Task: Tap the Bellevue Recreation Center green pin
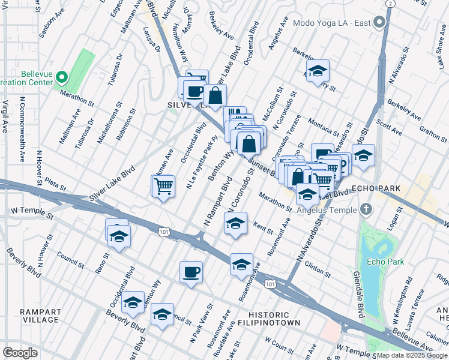pyautogui.click(x=62, y=77)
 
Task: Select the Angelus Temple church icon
pyautogui.click(x=367, y=209)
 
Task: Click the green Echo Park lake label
pyautogui.click(x=387, y=262)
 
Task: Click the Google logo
pyautogui.click(x=20, y=352)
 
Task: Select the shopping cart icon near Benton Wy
pyautogui.click(x=163, y=186)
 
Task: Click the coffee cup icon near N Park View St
pyautogui.click(x=191, y=272)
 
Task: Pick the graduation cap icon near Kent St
pyautogui.click(x=235, y=224)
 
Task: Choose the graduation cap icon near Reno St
pyautogui.click(x=119, y=236)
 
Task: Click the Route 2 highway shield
pyautogui.click(x=391, y=4)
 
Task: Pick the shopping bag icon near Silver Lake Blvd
pyautogui.click(x=214, y=94)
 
